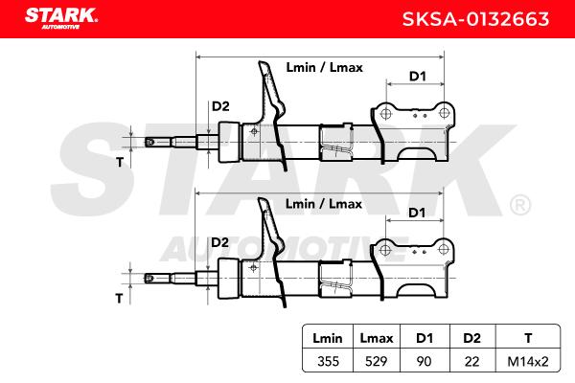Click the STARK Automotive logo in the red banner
pyautogui.click(x=61, y=18)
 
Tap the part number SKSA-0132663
pyautogui.click(x=475, y=19)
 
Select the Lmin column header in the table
pyautogui.click(x=328, y=338)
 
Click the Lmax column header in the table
pyautogui.click(x=377, y=338)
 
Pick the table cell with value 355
pyautogui.click(x=328, y=361)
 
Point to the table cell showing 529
pyautogui.click(x=377, y=361)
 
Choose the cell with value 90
pyautogui.click(x=424, y=361)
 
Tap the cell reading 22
pyautogui.click(x=471, y=361)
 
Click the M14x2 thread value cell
pyautogui.click(x=528, y=361)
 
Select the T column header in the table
pyautogui.click(x=528, y=338)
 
